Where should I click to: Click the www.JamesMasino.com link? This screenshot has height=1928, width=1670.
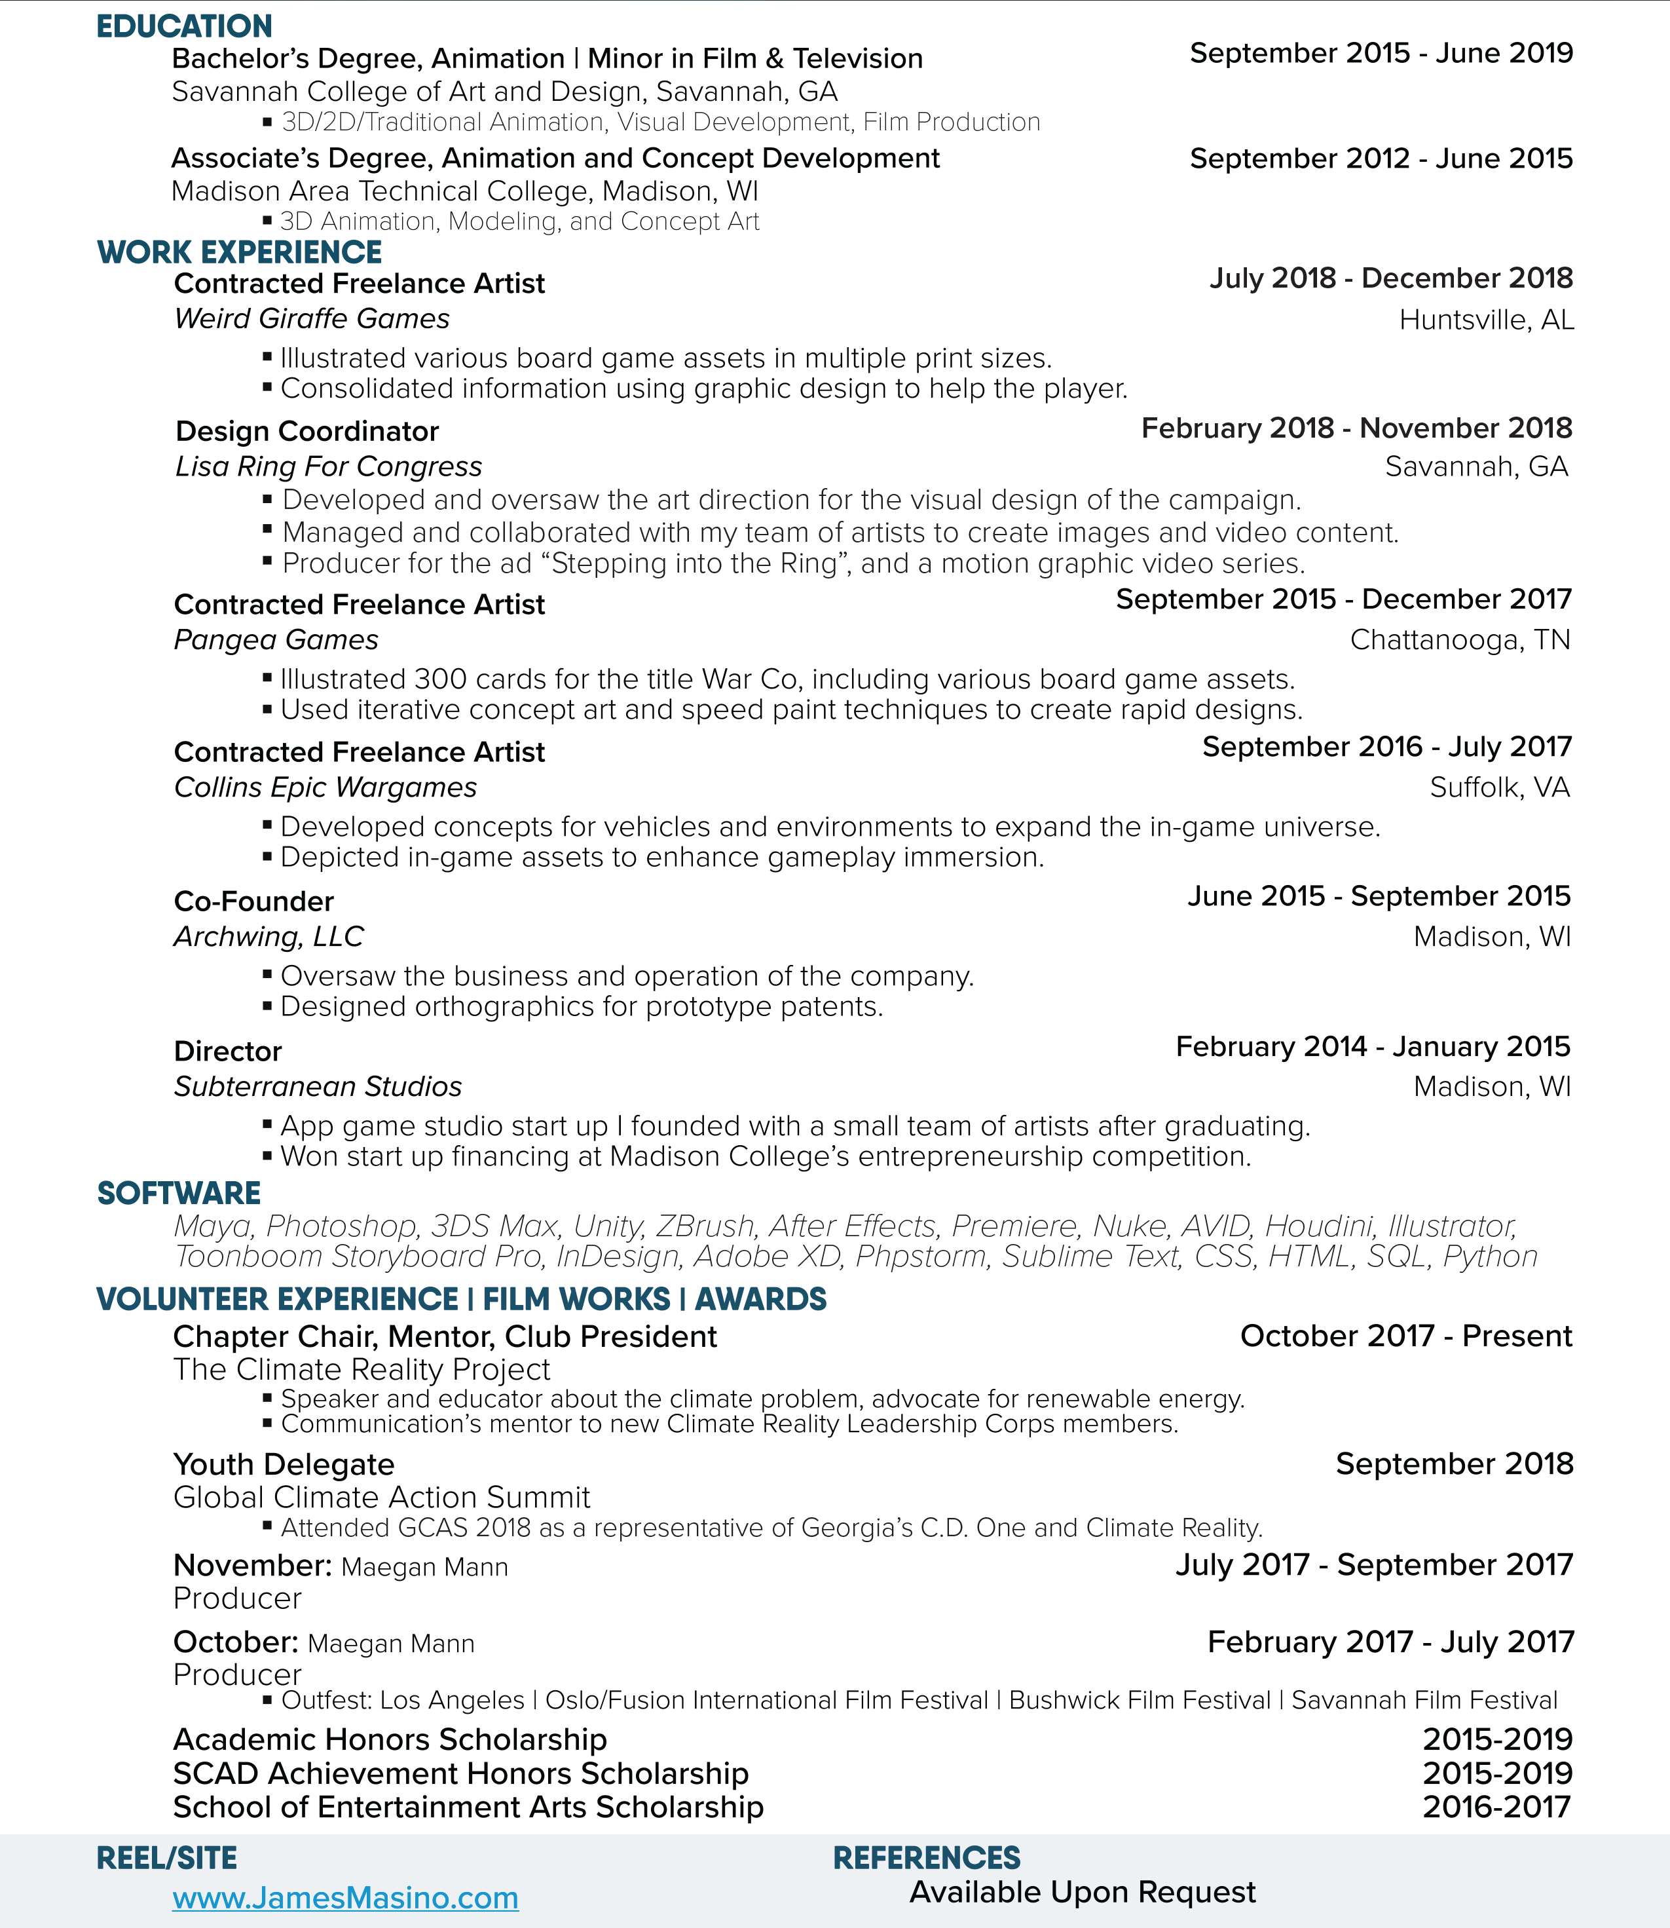click(x=345, y=1897)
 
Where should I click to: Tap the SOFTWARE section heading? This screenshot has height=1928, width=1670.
click(x=179, y=1194)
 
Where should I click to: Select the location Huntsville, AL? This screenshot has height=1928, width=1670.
click(x=1487, y=320)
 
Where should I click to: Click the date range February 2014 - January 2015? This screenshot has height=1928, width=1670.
click(x=1373, y=1047)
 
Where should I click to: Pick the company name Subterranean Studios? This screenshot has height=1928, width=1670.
click(x=318, y=1087)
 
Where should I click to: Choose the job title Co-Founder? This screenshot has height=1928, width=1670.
click(x=253, y=901)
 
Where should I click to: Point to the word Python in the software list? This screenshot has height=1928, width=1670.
click(x=1490, y=1257)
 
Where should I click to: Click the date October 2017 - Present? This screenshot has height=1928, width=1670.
click(x=1405, y=1336)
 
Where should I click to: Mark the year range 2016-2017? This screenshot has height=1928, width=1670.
click(x=1496, y=1807)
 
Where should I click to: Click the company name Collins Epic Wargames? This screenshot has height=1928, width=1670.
click(x=325, y=788)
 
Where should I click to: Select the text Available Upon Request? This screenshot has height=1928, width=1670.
click(x=1082, y=1891)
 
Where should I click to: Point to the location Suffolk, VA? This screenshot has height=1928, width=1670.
click(x=1500, y=788)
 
